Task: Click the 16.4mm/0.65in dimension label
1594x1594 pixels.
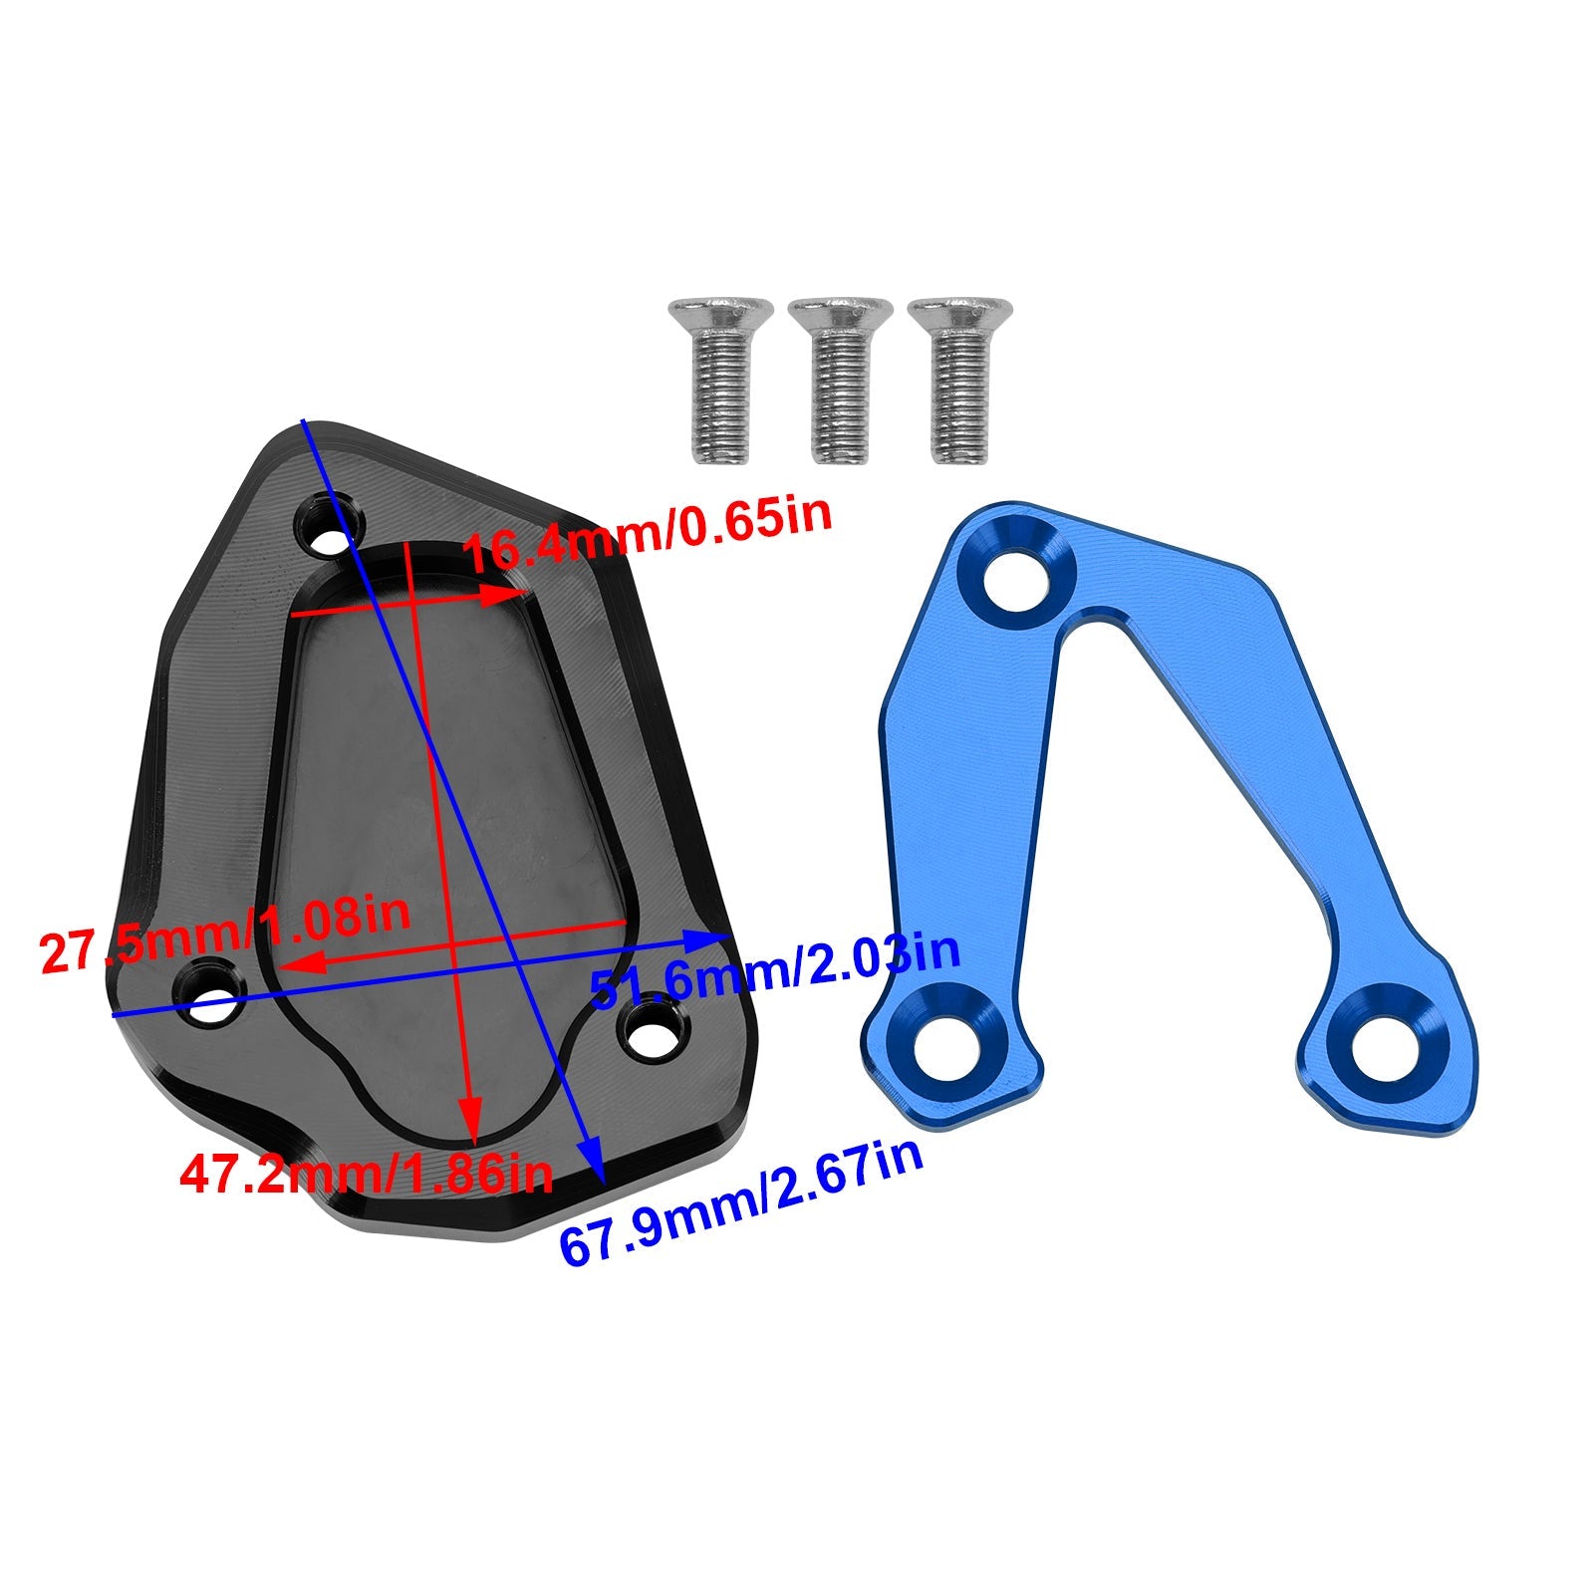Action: (x=648, y=533)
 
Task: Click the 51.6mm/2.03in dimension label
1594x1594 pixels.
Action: (x=775, y=970)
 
